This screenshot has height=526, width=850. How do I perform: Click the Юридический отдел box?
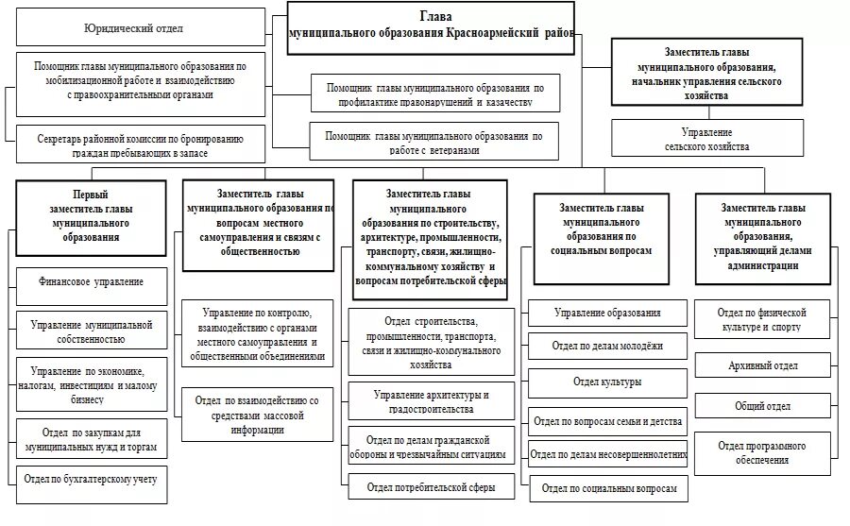click(141, 28)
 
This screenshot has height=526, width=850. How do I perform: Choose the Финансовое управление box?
click(92, 282)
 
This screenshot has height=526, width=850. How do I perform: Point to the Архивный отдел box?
click(764, 365)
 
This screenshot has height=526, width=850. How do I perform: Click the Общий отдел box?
click(764, 406)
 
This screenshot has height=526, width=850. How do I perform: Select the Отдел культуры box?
click(607, 382)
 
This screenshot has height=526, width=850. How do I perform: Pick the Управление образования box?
click(607, 313)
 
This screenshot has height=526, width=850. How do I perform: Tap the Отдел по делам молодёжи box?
click(607, 347)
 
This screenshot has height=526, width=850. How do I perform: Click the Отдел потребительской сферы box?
click(431, 487)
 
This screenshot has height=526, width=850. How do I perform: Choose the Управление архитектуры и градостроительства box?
click(431, 401)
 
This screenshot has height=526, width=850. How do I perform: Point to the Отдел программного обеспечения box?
click(764, 452)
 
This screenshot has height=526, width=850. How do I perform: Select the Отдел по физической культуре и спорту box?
click(764, 319)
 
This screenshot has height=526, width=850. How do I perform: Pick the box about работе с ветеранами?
click(433, 143)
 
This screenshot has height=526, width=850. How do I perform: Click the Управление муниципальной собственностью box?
click(92, 331)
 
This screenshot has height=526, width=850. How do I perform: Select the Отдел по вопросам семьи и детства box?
click(607, 420)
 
